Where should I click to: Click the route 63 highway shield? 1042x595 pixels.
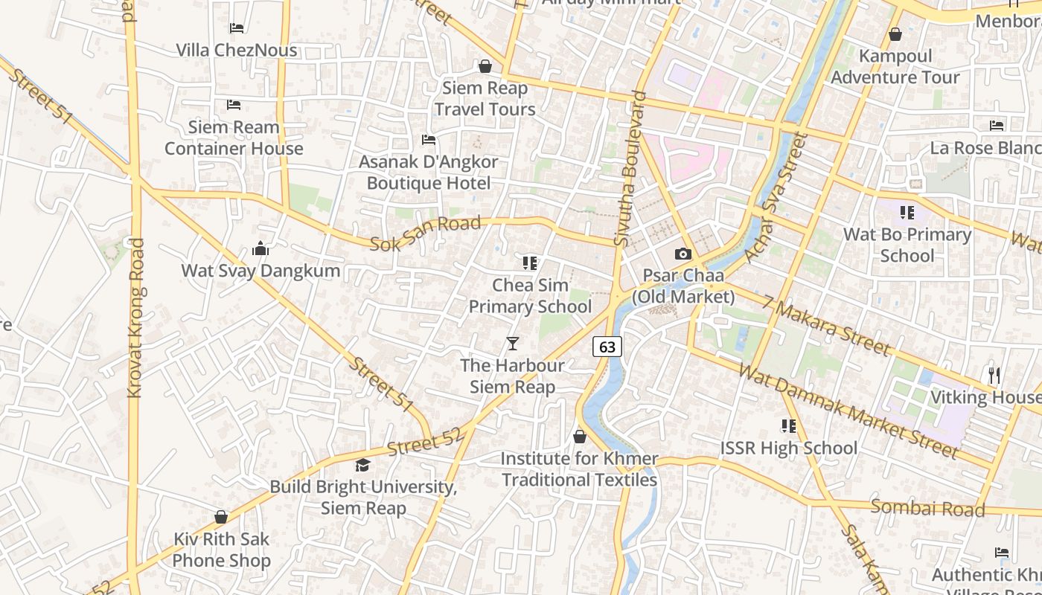[x=607, y=347]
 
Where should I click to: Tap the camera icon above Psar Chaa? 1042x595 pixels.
[x=683, y=254]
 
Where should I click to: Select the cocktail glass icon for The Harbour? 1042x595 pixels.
[x=512, y=343]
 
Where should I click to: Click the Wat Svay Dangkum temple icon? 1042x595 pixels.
[x=260, y=248]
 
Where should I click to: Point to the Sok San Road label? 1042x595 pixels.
[x=425, y=233]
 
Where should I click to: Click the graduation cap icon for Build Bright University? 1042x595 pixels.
[x=362, y=466]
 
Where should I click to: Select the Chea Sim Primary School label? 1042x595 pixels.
[x=530, y=296]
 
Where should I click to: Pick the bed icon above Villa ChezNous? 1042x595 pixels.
[x=237, y=28]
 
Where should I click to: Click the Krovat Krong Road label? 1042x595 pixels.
[x=135, y=318]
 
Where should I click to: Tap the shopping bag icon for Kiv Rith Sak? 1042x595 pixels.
[x=221, y=517]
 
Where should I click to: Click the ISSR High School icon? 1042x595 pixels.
[x=789, y=426]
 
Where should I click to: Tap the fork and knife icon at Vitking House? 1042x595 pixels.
[x=994, y=376]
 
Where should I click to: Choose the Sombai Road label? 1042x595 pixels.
[x=927, y=509]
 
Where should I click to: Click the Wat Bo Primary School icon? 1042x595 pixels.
[x=907, y=213]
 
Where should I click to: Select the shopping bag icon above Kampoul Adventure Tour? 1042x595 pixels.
[x=895, y=35]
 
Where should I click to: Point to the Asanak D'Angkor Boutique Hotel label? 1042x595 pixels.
[x=429, y=172]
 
